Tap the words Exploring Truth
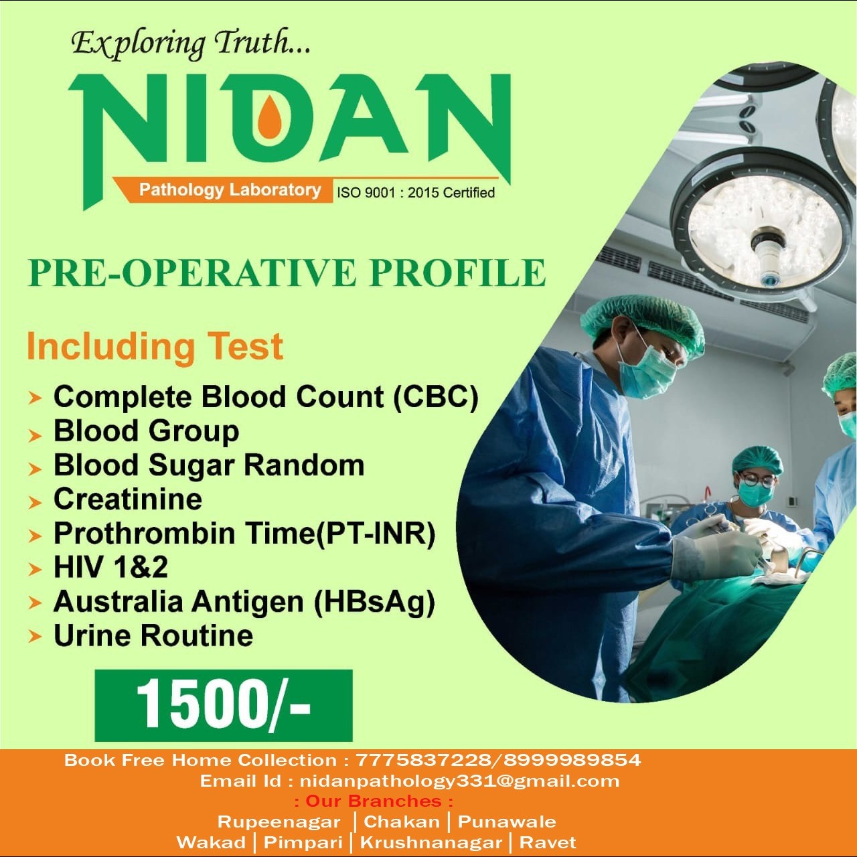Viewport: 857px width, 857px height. point(191,45)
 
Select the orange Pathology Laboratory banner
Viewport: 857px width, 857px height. point(222,190)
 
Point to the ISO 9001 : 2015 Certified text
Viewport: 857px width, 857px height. point(416,193)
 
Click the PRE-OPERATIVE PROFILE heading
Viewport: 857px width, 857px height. point(287,272)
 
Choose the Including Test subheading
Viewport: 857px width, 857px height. point(155,347)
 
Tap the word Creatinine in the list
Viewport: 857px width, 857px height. point(128,499)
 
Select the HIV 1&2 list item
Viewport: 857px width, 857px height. point(110,567)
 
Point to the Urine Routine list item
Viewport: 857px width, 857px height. point(153,635)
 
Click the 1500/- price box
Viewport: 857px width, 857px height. point(223,705)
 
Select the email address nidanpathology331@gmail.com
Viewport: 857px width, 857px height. point(459,781)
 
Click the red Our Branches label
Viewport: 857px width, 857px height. point(374,801)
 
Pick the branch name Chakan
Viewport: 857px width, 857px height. point(402,822)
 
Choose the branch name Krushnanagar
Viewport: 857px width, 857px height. point(431,842)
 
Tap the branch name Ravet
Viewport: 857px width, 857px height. point(548,842)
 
